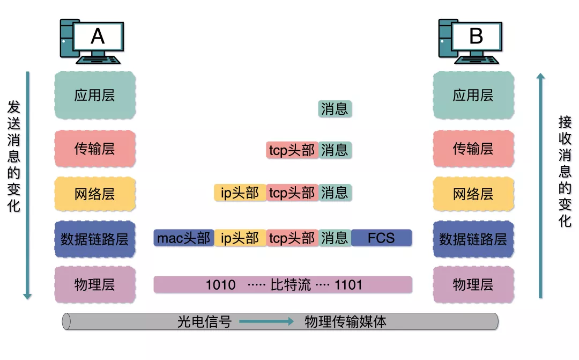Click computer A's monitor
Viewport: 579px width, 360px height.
click(x=98, y=36)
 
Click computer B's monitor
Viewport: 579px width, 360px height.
click(x=476, y=36)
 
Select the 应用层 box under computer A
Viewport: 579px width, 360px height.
click(x=94, y=95)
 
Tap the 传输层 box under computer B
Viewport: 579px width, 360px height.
click(x=473, y=149)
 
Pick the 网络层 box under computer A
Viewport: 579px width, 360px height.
click(x=94, y=194)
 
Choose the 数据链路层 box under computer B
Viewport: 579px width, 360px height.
click(x=473, y=239)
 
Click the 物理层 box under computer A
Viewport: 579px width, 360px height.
click(x=94, y=284)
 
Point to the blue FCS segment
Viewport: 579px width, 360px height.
click(x=381, y=238)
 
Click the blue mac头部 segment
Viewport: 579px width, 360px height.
click(x=184, y=238)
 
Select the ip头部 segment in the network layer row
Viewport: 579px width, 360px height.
click(x=240, y=193)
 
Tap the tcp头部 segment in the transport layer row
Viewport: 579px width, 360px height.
click(x=292, y=150)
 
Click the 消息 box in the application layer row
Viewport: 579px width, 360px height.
click(x=335, y=109)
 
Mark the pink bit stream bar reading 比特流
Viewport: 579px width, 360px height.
click(x=283, y=284)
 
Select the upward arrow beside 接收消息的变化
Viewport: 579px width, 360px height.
click(x=540, y=185)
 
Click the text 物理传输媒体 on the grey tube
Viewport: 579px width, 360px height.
click(x=345, y=322)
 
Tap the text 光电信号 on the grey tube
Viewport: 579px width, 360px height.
click(x=204, y=322)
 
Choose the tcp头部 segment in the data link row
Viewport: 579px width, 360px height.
click(x=292, y=238)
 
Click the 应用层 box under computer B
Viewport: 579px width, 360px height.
click(x=473, y=95)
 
